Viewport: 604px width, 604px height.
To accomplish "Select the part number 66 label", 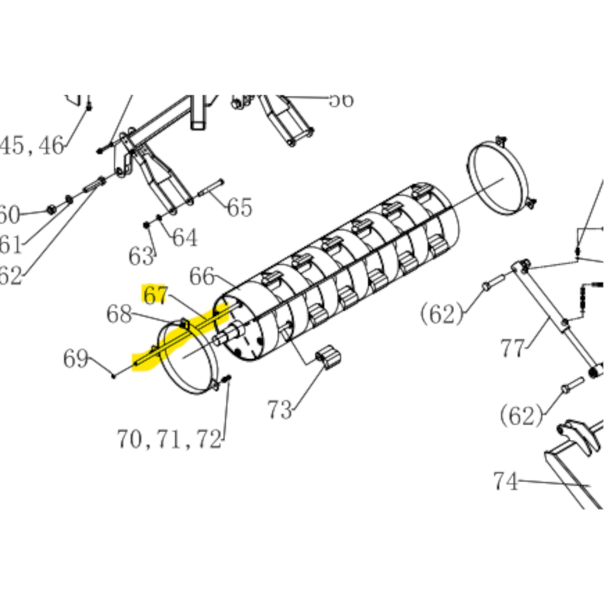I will coord(202,277).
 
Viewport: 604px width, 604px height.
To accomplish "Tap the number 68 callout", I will coord(119,315).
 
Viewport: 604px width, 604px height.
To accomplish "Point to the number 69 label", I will coord(75,359).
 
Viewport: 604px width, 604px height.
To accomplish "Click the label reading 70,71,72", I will coord(169,439).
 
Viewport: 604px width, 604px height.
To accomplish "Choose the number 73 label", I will coord(279,410).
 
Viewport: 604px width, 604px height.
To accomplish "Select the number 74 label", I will coord(505,482).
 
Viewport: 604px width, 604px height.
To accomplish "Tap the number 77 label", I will coord(512,348).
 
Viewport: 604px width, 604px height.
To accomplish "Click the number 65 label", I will coord(239,207).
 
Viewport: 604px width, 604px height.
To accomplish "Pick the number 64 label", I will coord(185,238).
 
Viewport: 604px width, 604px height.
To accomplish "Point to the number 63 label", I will coord(140,257).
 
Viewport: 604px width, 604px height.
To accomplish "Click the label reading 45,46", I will coord(32,146).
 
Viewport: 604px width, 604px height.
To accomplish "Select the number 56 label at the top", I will coord(341,100).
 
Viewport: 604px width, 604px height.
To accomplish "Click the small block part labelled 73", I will coord(329,357).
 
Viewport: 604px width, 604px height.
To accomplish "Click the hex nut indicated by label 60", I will coord(51,209).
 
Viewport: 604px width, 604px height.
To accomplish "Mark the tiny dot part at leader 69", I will coord(114,375).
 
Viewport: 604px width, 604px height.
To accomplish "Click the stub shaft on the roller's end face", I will coord(230,334).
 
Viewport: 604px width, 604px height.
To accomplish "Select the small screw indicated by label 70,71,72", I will coord(226,379).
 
